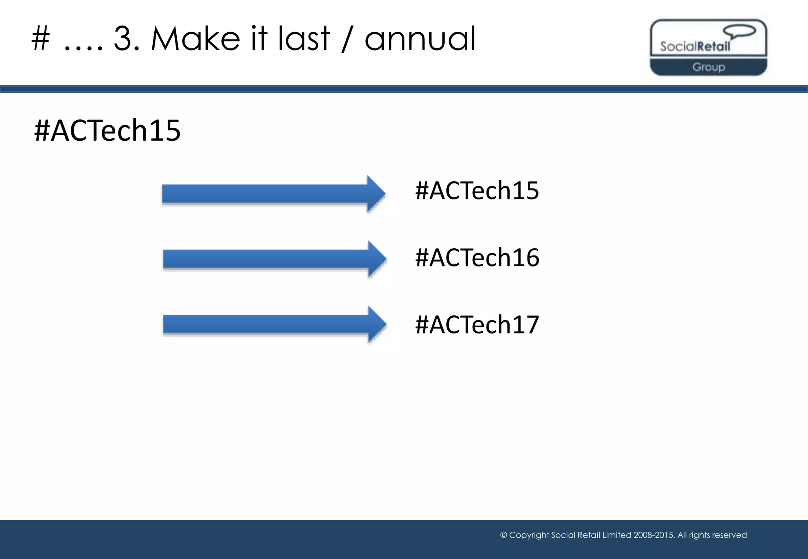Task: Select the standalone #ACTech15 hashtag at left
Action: click(107, 130)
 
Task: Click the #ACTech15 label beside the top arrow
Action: click(477, 191)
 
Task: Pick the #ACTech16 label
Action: click(477, 258)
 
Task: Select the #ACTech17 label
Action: click(477, 325)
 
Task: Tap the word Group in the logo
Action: click(709, 67)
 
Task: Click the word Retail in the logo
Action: click(713, 47)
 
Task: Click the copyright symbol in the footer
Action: click(503, 535)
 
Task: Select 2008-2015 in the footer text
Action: click(654, 535)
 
